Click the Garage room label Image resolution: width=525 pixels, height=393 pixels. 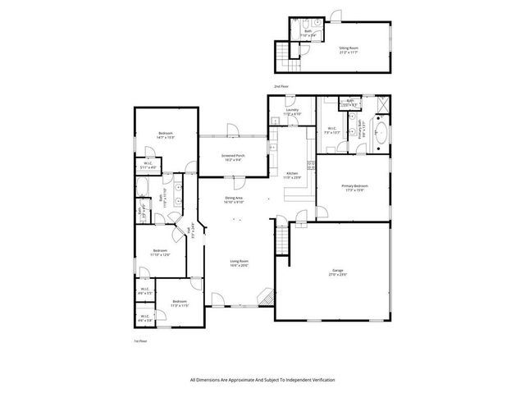pyautogui.click(x=337, y=272)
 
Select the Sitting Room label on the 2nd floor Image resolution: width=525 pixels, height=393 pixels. pyautogui.click(x=349, y=50)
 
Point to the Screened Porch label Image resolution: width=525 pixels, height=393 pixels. pyautogui.click(x=234, y=158)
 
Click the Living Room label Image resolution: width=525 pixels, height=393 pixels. pyautogui.click(x=239, y=263)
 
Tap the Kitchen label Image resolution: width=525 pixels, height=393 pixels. pyautogui.click(x=293, y=175)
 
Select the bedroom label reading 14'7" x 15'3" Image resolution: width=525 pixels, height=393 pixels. pyautogui.click(x=167, y=135)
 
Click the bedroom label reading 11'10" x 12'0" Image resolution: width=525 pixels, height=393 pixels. pyautogui.click(x=159, y=252)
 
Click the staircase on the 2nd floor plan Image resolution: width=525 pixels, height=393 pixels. pyautogui.click(x=285, y=54)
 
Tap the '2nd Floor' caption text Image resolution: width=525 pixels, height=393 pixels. pyautogui.click(x=281, y=85)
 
